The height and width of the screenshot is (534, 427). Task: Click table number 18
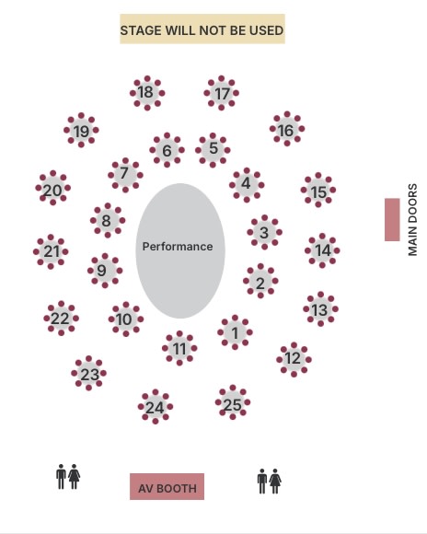tap(147, 93)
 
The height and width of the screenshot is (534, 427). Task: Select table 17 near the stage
tap(222, 93)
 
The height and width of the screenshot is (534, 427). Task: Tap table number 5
tap(213, 150)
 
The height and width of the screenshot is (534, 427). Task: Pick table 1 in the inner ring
tap(235, 332)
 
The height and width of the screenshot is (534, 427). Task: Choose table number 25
tap(233, 402)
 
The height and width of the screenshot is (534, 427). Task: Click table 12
tap(294, 360)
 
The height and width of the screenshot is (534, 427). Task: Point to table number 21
tap(51, 251)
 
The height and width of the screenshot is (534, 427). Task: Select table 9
tap(105, 271)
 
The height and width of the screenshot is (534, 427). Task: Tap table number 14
tap(322, 250)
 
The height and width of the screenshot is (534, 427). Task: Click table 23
tap(89, 373)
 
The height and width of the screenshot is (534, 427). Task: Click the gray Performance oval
tap(180, 251)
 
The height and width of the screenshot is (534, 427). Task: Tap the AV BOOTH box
tap(167, 487)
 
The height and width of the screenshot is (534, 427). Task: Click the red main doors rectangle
tap(392, 220)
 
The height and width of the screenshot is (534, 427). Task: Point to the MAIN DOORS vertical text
tap(412, 220)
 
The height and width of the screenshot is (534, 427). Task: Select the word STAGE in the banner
tap(141, 30)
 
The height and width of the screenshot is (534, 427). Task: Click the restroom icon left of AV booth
tap(68, 476)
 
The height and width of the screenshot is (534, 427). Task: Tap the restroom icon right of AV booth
tap(270, 481)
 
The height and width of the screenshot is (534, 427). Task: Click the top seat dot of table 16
tap(287, 114)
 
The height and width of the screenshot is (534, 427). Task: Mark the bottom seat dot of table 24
tap(156, 422)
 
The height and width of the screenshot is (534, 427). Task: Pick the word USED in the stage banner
tap(266, 30)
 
